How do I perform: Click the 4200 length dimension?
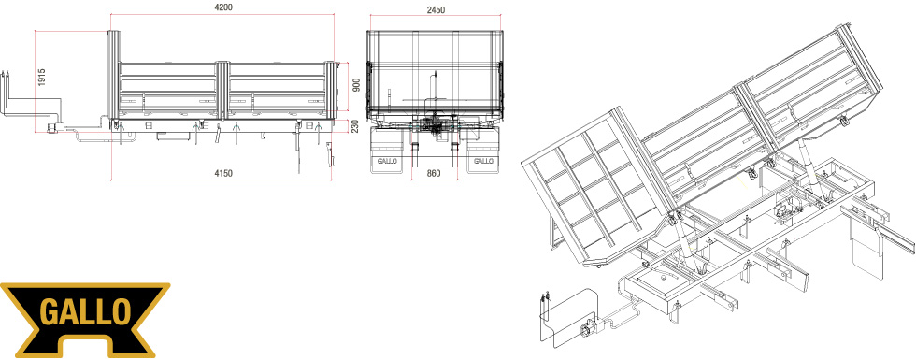(x=223, y=7)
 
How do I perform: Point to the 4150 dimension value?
(x=223, y=173)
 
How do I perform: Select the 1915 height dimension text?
(x=41, y=77)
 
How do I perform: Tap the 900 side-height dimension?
(x=354, y=85)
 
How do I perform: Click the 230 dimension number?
(x=354, y=125)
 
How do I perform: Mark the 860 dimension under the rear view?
(x=434, y=174)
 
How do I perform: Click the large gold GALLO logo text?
(x=85, y=312)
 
